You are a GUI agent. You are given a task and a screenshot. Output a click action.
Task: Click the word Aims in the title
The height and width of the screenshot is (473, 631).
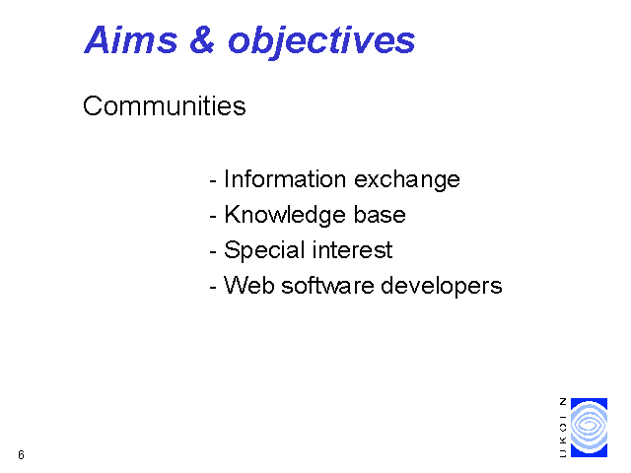pos(131,39)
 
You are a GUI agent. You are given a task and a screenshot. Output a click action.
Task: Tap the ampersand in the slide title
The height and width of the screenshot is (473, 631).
pos(202,39)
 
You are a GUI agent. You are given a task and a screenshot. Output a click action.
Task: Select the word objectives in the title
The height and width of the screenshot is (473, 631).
pos(321,42)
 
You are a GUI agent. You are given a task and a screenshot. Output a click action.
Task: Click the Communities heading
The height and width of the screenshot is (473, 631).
pos(165,106)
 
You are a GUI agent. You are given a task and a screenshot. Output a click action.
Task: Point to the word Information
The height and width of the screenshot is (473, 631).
pos(285,178)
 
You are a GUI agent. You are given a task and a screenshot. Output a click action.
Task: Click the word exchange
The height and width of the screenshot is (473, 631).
pos(407,180)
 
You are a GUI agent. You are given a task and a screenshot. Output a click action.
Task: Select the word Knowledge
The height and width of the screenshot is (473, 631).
pos(285,215)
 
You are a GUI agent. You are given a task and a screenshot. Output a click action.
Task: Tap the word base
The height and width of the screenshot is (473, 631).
pos(380,215)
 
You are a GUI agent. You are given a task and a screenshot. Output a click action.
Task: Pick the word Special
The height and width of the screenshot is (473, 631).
pos(264,250)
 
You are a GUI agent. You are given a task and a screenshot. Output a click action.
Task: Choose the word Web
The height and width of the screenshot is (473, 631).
pos(248,285)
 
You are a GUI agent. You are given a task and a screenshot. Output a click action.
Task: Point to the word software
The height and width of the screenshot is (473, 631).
pos(327,285)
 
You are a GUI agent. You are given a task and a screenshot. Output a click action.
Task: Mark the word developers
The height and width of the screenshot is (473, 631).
pos(442,287)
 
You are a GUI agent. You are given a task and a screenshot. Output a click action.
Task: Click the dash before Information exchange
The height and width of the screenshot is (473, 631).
pos(213,181)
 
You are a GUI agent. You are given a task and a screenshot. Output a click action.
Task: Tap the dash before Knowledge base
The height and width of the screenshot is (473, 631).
pos(213,217)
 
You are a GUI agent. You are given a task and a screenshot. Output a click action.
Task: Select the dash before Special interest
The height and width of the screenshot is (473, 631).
pos(213,252)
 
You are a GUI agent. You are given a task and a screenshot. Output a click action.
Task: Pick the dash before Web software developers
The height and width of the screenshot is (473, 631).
pos(213,288)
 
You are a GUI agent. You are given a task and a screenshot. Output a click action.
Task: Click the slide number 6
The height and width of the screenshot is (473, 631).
pos(21,455)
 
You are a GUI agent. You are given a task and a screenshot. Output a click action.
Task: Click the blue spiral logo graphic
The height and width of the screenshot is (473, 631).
pos(590,428)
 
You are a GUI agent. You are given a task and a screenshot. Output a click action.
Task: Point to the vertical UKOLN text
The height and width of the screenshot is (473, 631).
pos(563,428)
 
